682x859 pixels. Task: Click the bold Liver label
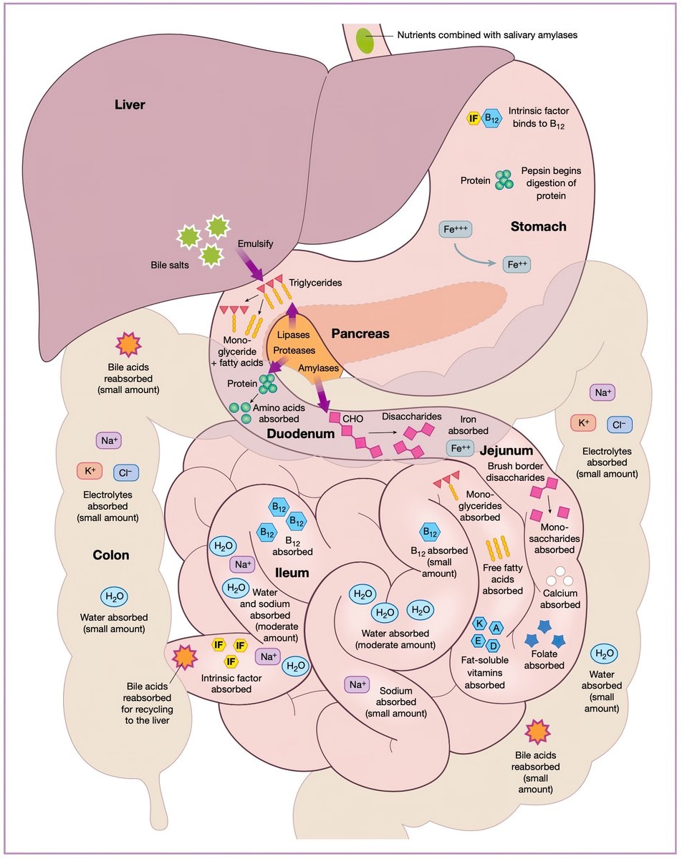pos(130,105)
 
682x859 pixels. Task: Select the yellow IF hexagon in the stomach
pos(473,119)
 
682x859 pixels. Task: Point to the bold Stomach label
pos(539,227)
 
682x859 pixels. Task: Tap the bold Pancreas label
pos(360,334)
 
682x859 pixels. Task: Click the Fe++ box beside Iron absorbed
pos(460,449)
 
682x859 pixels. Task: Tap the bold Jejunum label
pos(506,450)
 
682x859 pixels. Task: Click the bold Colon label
pos(111,555)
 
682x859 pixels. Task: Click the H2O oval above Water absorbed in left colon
pos(113,597)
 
